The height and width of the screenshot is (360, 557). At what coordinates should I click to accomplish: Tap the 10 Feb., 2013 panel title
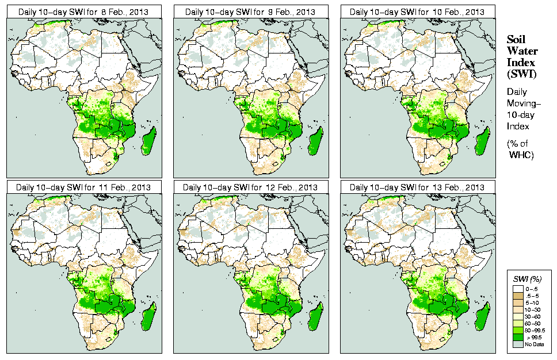pyautogui.click(x=418, y=12)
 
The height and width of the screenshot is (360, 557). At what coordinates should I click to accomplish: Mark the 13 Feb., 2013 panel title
pyautogui.click(x=418, y=187)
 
